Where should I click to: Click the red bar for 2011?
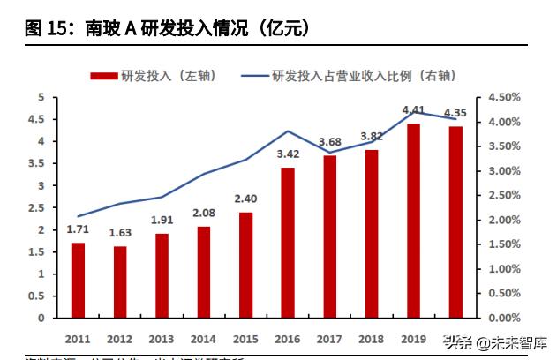click(78, 280)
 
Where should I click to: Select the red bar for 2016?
click(288, 243)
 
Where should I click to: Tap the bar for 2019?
click(413, 221)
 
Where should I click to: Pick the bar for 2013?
click(162, 275)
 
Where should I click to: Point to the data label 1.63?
click(120, 234)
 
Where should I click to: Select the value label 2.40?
click(245, 199)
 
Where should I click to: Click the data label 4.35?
click(456, 113)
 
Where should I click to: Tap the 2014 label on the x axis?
click(203, 339)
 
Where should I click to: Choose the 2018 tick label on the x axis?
click(372, 339)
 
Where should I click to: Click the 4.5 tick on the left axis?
click(40, 119)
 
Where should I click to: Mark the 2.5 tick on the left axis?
click(40, 208)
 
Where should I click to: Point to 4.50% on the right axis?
click(498, 97)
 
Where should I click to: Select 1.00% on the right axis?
click(498, 268)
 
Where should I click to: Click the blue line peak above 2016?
click(288, 131)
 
